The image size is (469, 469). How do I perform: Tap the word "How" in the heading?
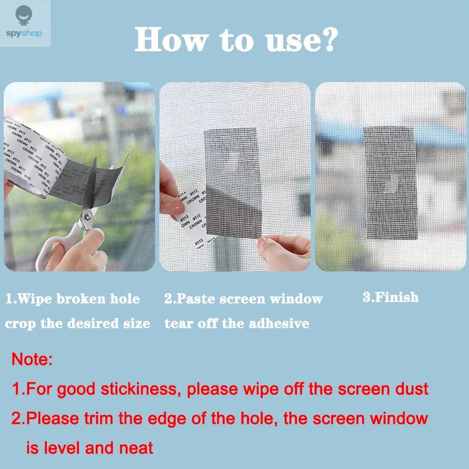pos(172,40)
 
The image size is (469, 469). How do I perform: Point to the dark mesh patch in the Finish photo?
pos(391,183)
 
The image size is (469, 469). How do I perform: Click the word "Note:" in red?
pos(32,360)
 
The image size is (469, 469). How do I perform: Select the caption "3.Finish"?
pos(390,297)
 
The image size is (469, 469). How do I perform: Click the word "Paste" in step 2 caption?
pos(195,299)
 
